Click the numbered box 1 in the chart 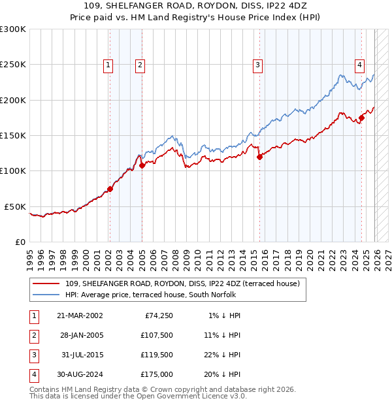pyautogui.click(x=107, y=65)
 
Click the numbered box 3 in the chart pyautogui.click(x=258, y=65)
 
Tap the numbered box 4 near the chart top pyautogui.click(x=359, y=65)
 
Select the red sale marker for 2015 pyautogui.click(x=259, y=157)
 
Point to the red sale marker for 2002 pyautogui.click(x=110, y=189)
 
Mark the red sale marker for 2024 pyautogui.click(x=361, y=118)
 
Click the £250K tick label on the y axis pyautogui.click(x=13, y=65)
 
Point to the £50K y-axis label pyautogui.click(x=16, y=206)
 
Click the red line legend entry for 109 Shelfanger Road pyautogui.click(x=182, y=283)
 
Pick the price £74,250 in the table pyautogui.click(x=157, y=316)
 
